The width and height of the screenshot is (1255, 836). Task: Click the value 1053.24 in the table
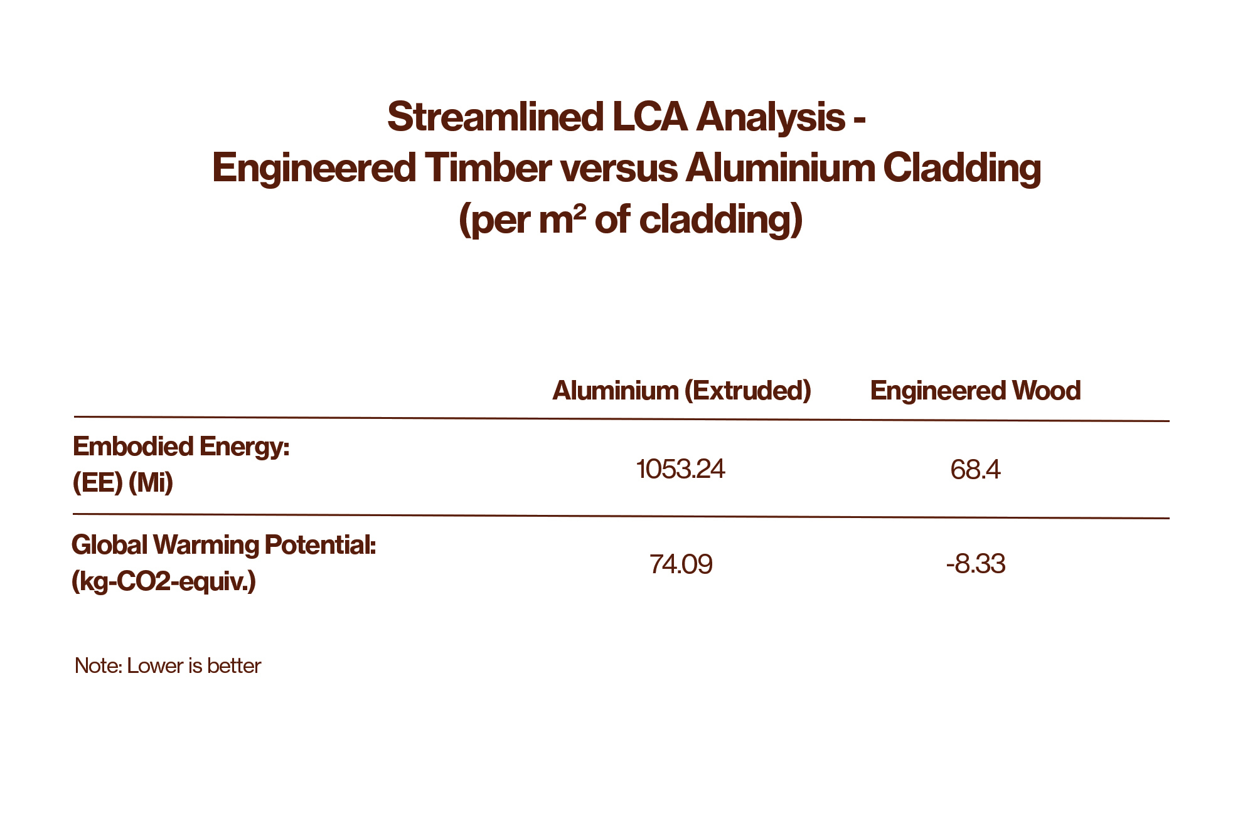click(x=680, y=469)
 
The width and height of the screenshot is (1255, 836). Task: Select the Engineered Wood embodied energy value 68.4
click(x=975, y=470)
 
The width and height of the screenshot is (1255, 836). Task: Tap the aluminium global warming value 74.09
click(x=681, y=564)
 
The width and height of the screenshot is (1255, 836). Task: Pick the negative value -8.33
click(x=976, y=564)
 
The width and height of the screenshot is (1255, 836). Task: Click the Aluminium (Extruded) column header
click(x=681, y=391)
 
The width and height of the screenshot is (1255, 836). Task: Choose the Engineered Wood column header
click(x=975, y=391)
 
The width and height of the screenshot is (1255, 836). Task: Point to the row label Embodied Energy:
click(x=181, y=447)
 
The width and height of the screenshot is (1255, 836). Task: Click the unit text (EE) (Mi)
click(x=123, y=483)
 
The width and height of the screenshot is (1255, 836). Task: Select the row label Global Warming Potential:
click(x=224, y=545)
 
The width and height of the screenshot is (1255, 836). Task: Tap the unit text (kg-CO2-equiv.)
click(x=164, y=581)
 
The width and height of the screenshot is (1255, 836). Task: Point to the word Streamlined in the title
click(x=495, y=117)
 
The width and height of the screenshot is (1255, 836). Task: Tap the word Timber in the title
click(x=488, y=168)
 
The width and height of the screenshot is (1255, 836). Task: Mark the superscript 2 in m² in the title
click(x=580, y=214)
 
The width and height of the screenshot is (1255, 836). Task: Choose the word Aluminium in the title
click(x=780, y=168)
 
